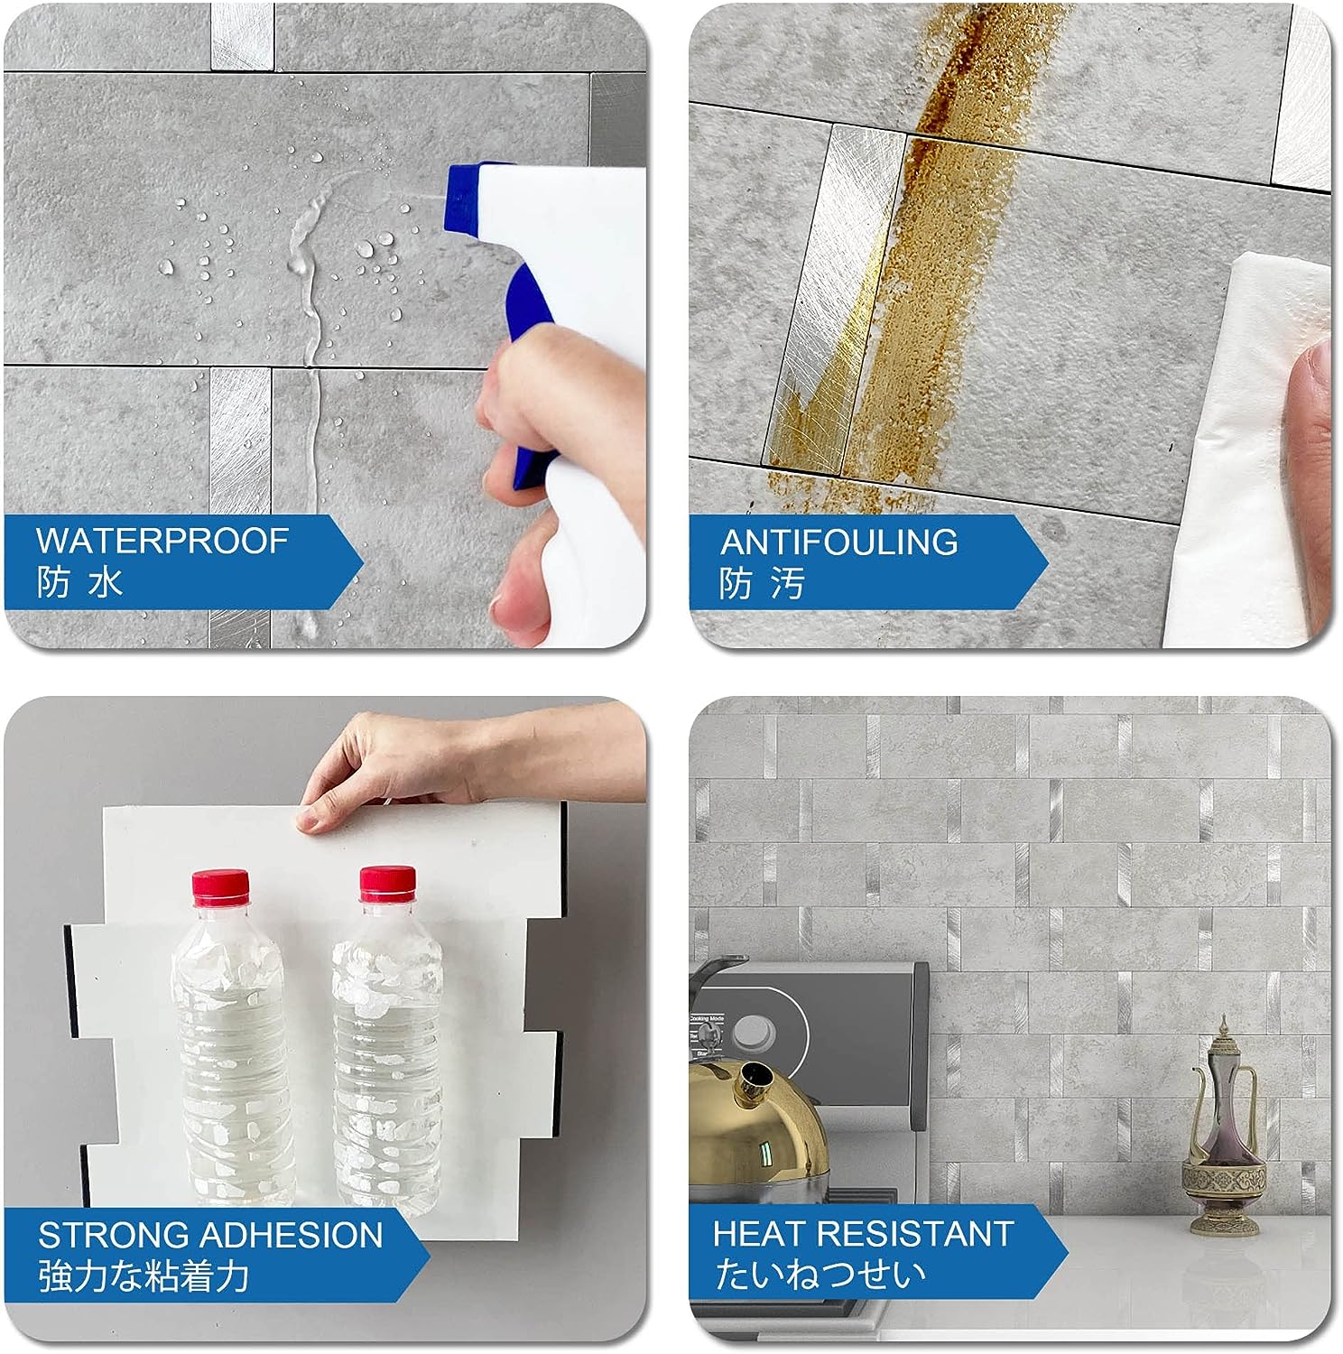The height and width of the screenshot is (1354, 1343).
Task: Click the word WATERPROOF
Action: pyautogui.click(x=162, y=541)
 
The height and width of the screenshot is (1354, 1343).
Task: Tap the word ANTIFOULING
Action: pyautogui.click(x=838, y=542)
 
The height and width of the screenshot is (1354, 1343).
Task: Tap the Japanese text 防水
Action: pyautogui.click(x=79, y=582)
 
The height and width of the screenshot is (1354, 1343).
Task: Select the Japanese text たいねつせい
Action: pyautogui.click(x=820, y=1274)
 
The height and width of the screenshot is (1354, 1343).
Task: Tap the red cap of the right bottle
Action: pyautogui.click(x=387, y=883)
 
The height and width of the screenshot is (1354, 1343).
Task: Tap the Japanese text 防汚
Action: pyautogui.click(x=762, y=584)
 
